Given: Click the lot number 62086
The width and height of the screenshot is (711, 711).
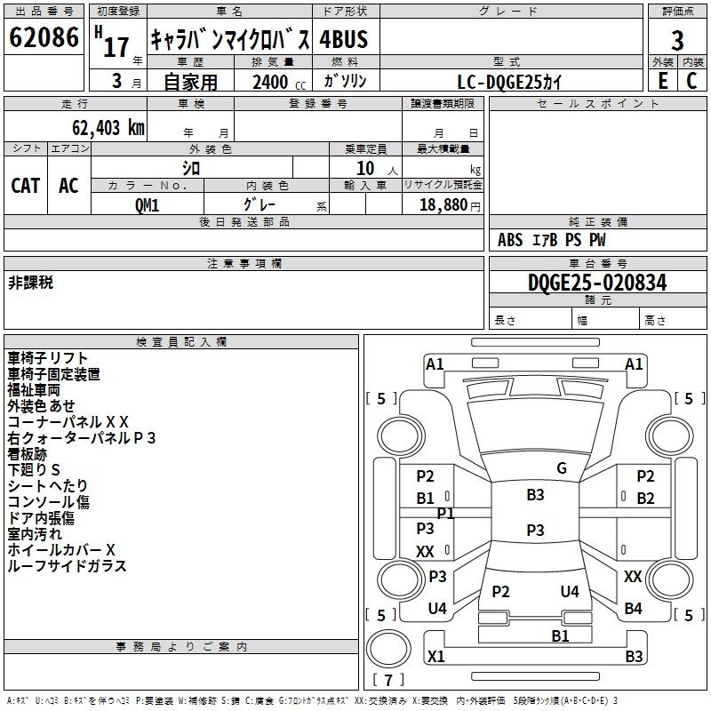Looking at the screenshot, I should click(44, 38).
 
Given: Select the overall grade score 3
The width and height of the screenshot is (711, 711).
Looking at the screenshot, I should click(677, 40).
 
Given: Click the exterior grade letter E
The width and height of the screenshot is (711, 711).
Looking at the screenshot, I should click(662, 80).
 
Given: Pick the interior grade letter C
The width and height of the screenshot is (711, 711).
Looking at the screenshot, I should click(692, 80).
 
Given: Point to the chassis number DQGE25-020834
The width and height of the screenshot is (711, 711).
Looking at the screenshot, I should click(597, 284).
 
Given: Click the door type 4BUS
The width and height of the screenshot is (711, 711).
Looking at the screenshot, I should click(344, 39).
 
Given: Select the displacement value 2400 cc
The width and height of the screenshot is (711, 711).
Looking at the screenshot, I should click(271, 82).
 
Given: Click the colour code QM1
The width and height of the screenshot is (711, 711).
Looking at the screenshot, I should click(148, 204).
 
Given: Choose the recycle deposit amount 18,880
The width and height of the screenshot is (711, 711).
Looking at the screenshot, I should click(444, 204).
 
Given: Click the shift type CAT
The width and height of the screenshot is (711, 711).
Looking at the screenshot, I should click(25, 185).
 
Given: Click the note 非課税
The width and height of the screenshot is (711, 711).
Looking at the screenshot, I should click(30, 282).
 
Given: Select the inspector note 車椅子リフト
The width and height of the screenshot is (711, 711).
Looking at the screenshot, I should click(48, 358).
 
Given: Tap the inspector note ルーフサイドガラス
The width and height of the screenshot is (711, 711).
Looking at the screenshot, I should click(68, 566).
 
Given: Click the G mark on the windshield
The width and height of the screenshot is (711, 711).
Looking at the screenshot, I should click(561, 468).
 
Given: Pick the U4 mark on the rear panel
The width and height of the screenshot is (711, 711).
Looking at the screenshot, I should click(570, 592).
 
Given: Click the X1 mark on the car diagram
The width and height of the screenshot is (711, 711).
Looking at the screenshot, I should click(436, 657).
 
